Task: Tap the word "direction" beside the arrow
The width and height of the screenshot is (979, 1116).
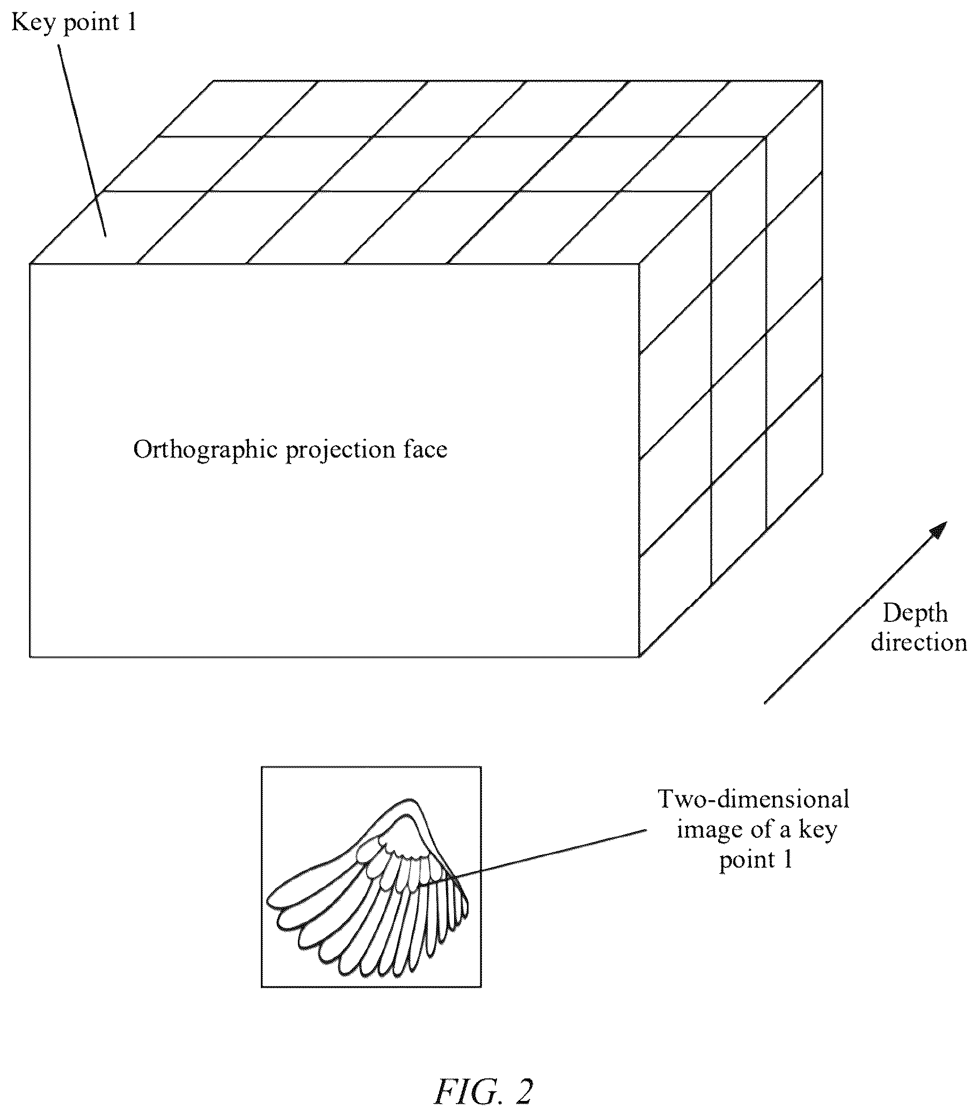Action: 919,643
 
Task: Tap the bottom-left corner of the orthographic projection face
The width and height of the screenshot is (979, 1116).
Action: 30,656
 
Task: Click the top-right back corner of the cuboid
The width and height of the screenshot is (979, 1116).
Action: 822,81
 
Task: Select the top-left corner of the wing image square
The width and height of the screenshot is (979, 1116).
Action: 262,767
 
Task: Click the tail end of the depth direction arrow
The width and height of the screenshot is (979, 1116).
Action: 764,703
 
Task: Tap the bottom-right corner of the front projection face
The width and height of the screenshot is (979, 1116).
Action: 639,656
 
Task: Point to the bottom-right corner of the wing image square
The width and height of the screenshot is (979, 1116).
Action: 481,987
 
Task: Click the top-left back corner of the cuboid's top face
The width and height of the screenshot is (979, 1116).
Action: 214,81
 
